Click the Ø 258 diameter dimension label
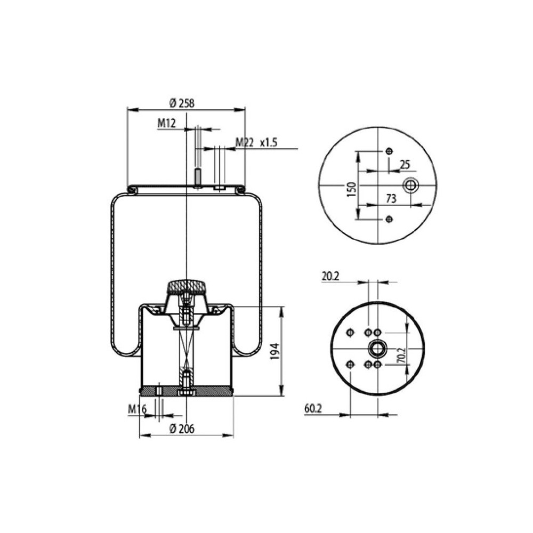coord(182,104)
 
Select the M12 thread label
coord(166,124)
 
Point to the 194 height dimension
coord(274,352)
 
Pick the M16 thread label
coord(137,409)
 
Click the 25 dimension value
coord(405,164)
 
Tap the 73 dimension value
coord(391,198)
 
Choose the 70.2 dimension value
coord(402,356)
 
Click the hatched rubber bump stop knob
coord(186,287)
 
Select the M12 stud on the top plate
coord(197,177)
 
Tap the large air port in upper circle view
coord(411,185)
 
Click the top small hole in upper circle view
coord(389,151)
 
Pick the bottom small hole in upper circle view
coord(389,220)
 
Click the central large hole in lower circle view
coord(378,349)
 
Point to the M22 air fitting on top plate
coord(220,188)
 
